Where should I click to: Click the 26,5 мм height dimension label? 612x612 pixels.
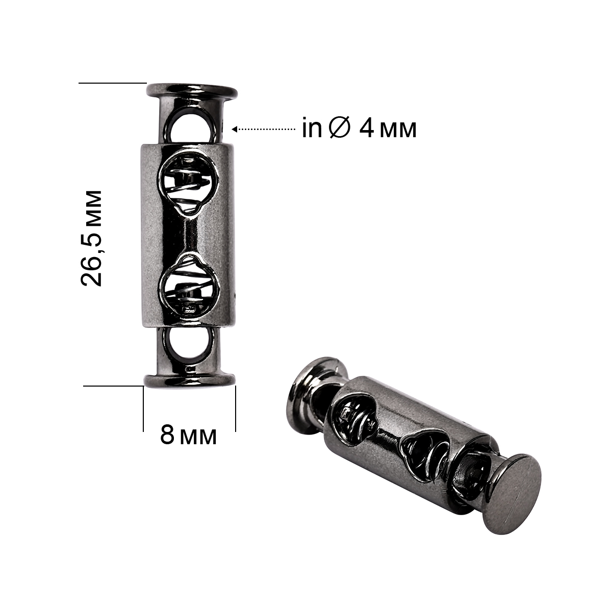(91, 238)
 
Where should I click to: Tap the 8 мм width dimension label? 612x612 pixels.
(188, 435)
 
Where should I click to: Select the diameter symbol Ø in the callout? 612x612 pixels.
(340, 129)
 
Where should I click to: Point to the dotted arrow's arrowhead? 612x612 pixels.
(235, 129)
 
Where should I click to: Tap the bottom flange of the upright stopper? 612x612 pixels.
(190, 380)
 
